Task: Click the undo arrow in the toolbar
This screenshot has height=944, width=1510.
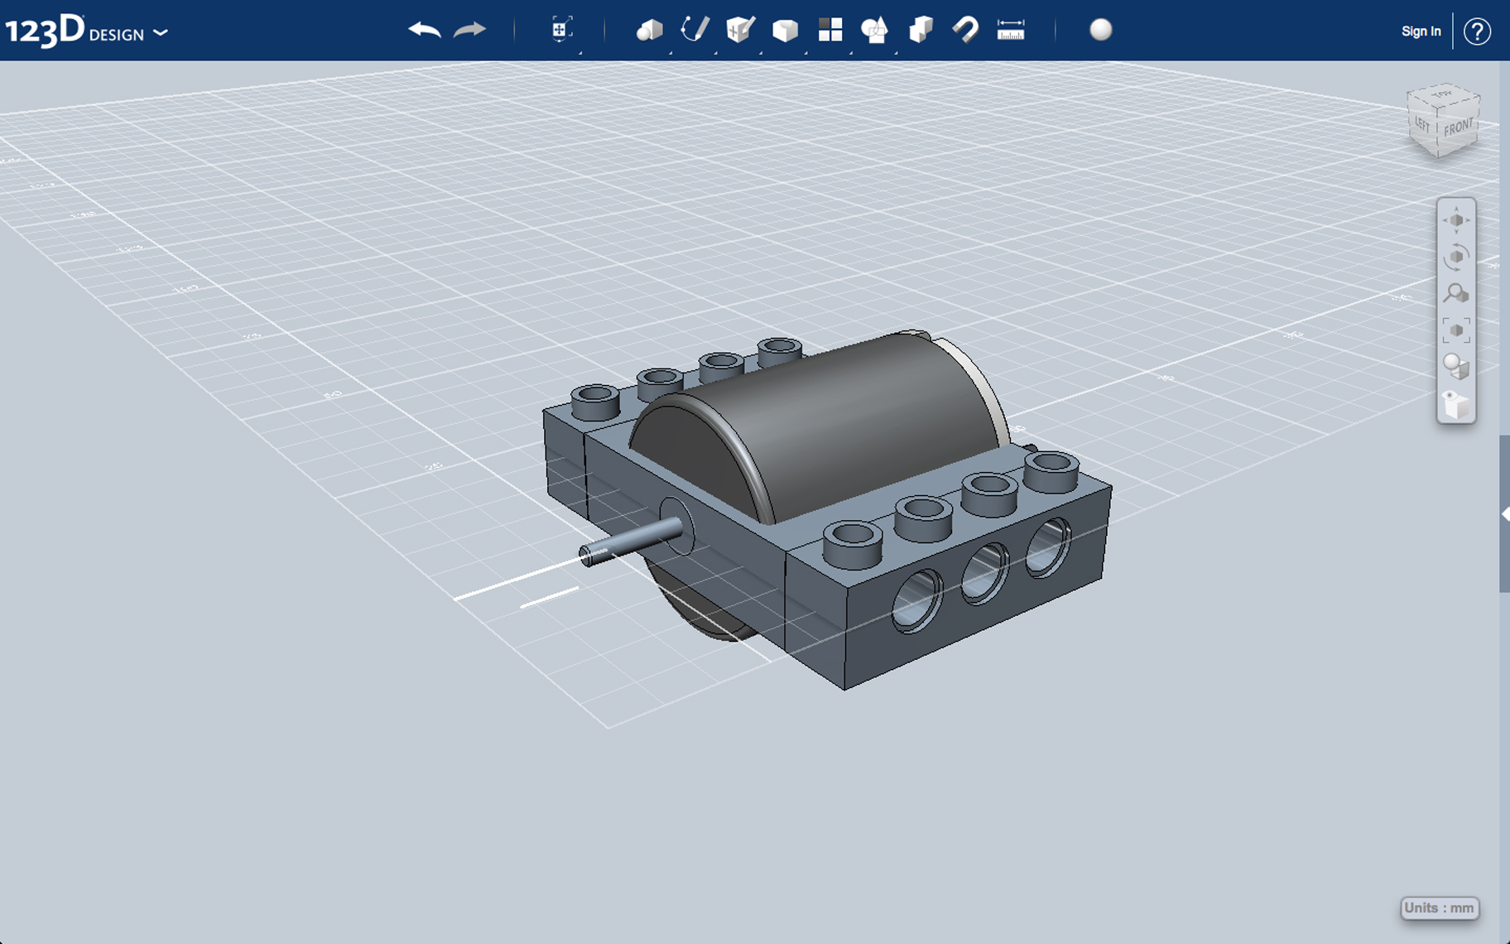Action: tap(424, 31)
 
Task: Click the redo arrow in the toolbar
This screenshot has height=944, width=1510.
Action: tap(469, 31)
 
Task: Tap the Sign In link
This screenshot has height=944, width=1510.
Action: tap(1421, 31)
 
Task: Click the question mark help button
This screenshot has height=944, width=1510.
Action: tap(1477, 31)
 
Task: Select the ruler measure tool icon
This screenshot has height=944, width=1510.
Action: tap(1010, 31)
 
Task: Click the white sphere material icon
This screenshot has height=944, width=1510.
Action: tap(1100, 30)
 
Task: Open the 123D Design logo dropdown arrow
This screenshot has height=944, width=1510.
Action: tap(161, 33)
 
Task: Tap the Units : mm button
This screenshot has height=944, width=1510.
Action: tap(1439, 908)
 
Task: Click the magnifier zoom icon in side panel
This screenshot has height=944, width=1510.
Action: tap(1455, 293)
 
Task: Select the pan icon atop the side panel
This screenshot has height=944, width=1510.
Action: tap(1456, 220)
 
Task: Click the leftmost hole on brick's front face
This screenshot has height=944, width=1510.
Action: tap(916, 600)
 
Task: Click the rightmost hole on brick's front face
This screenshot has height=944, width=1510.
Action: tap(1047, 547)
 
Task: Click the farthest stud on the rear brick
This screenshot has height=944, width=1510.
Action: tap(779, 349)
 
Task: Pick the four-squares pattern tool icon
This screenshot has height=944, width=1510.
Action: tap(830, 31)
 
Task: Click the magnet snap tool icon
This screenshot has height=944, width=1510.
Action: tap(965, 31)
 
